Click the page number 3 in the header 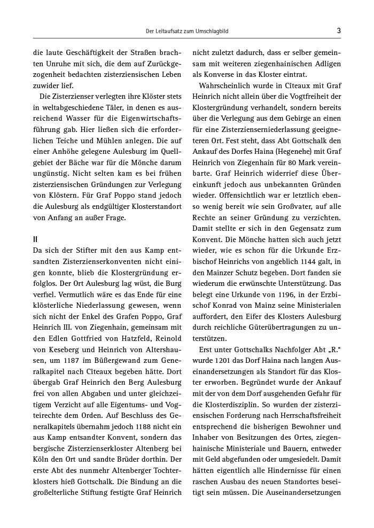pyautogui.click(x=339, y=31)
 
